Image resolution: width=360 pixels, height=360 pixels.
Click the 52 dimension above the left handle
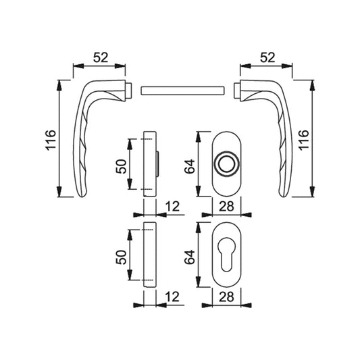101,57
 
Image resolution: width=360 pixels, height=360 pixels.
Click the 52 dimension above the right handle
267,57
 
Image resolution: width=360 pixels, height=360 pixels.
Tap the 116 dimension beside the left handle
51,140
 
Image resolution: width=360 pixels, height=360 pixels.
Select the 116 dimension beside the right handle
303,140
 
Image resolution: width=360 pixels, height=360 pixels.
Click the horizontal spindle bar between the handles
182,91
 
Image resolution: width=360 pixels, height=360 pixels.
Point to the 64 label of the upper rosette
190,166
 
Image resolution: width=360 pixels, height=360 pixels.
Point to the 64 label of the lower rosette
190,257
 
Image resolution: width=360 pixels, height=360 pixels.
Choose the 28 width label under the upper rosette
226,206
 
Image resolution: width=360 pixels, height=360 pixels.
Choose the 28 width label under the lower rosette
226,297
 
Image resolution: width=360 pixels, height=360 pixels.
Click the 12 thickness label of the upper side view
172,206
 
